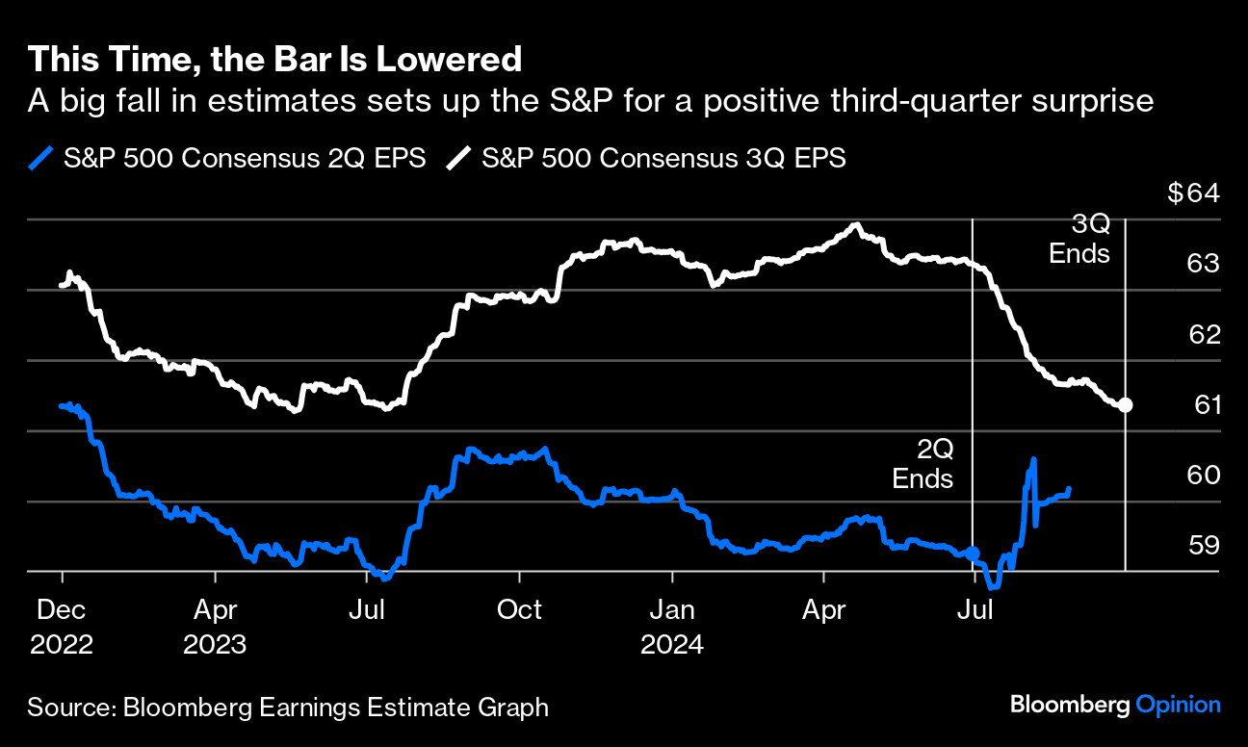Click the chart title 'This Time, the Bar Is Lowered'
pos(274,60)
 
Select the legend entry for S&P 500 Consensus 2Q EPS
pos(227,159)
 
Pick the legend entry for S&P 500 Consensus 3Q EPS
pos(646,159)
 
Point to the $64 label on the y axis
pos(1193,193)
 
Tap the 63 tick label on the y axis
pos(1206,264)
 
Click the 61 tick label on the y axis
pos(1207,405)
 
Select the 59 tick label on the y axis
pos(1206,546)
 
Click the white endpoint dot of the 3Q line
pos(1125,405)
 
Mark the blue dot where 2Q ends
pos(973,554)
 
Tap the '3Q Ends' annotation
pos(1079,240)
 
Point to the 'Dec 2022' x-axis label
pos(62,627)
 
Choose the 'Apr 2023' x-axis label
pos(215,627)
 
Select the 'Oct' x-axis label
pos(519,610)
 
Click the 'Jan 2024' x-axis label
pos(671,627)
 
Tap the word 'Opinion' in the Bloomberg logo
pos(1178,705)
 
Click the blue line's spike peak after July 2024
pos(1033,460)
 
